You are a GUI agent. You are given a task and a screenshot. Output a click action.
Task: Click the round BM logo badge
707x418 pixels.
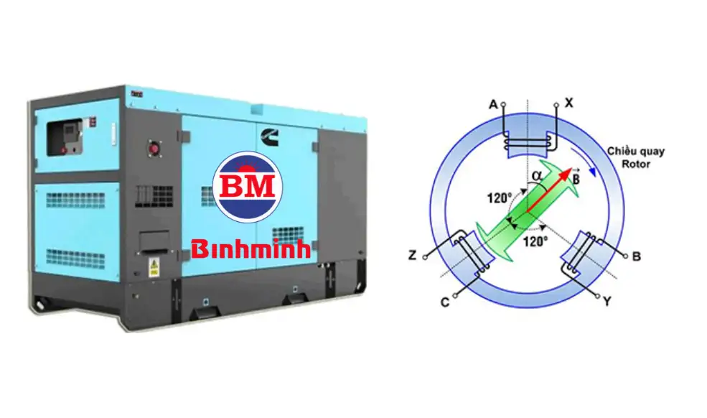(x=247, y=187)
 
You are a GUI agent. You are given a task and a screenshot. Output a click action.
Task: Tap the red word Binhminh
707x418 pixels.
(x=251, y=249)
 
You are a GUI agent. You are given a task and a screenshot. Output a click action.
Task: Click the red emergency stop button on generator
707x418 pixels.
(x=154, y=149)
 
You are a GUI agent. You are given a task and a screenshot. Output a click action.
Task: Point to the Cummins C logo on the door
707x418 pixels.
(x=269, y=136)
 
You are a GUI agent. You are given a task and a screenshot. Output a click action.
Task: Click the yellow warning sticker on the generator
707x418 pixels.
(x=154, y=266)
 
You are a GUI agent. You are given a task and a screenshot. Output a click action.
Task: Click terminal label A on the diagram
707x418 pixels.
(x=493, y=105)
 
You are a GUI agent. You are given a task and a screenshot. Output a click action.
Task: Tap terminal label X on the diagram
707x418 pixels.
(x=569, y=103)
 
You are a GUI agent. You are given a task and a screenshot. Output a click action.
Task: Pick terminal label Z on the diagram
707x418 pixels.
(x=412, y=256)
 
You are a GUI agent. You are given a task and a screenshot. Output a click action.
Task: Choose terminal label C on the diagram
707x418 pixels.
(x=445, y=302)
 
